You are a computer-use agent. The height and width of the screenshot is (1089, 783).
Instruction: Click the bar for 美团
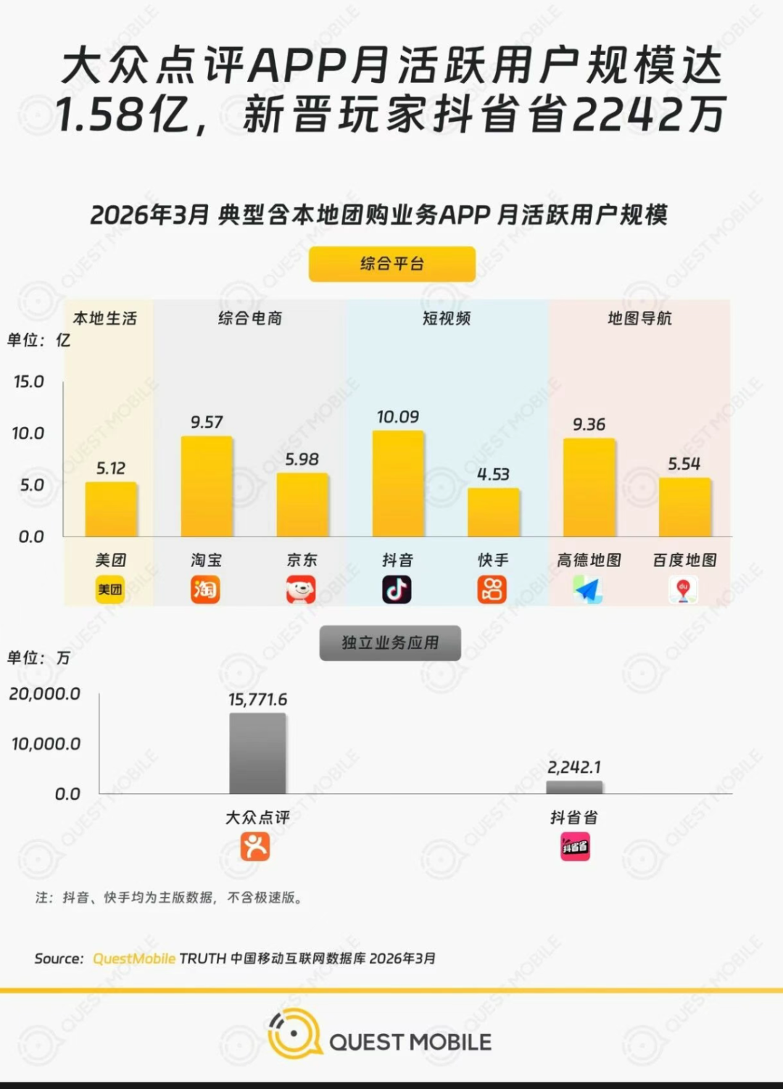point(111,509)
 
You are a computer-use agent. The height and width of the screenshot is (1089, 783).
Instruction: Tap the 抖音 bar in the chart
point(398,484)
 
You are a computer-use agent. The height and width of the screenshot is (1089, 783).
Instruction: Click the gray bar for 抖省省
point(574,787)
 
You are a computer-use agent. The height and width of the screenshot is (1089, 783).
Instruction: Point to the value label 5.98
point(302,460)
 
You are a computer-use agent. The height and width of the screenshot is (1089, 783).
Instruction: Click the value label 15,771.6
point(257,700)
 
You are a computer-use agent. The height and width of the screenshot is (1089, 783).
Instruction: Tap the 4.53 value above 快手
point(493,475)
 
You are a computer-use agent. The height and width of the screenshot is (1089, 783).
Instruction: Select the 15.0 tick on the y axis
point(29,382)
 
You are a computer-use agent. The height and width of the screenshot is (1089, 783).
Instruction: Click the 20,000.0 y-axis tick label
point(45,694)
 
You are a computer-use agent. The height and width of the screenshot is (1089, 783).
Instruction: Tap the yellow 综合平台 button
point(392,264)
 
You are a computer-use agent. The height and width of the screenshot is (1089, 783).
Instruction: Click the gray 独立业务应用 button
point(390,642)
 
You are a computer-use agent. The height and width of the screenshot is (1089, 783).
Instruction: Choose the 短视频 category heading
point(447,318)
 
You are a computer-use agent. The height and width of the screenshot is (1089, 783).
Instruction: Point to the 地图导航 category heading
point(639,318)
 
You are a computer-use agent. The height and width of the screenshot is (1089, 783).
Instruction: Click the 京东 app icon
point(301,589)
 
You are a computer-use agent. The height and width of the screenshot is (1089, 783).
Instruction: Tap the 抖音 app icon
point(397,589)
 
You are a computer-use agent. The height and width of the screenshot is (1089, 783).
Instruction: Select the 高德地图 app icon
point(588,589)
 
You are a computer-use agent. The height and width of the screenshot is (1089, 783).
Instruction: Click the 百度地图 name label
point(684,560)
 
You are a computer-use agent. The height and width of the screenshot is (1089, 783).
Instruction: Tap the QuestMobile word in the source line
point(134,958)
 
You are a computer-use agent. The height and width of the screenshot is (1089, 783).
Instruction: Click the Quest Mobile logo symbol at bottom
point(294,1033)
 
